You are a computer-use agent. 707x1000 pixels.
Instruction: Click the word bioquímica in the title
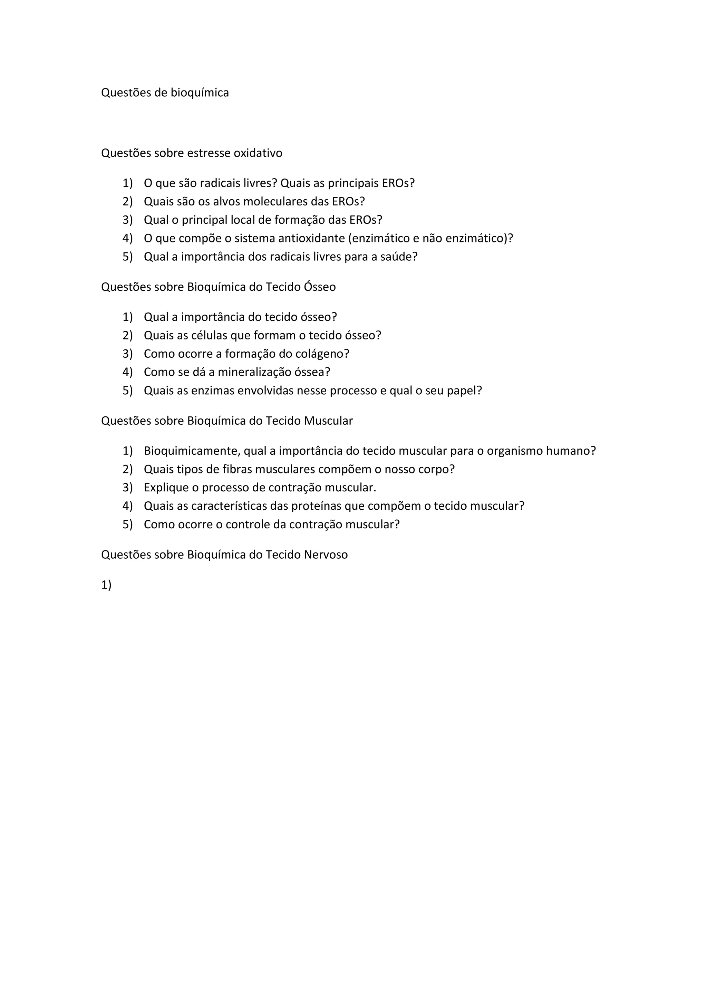[x=200, y=93]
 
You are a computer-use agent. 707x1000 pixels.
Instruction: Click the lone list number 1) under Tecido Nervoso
[x=106, y=585]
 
